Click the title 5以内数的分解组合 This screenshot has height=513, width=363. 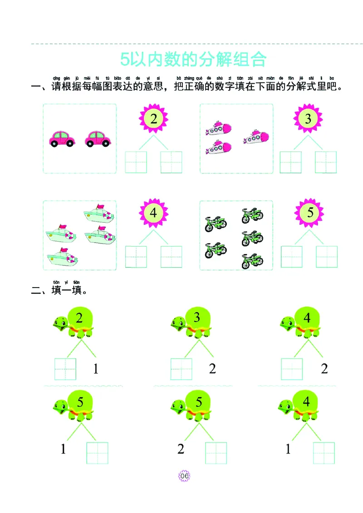tap(193, 59)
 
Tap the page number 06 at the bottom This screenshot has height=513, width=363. tap(184, 476)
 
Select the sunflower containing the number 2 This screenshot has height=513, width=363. tap(153, 119)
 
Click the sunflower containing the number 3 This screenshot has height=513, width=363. tap(309, 119)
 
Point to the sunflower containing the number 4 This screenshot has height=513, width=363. tap(153, 213)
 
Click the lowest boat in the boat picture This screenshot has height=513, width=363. tap(63, 258)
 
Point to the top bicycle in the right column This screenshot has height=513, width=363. tap(252, 216)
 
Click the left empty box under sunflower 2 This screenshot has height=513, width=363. tap(136, 162)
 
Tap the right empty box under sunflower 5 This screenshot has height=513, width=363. tap(327, 256)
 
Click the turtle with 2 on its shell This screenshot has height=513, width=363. tap(74, 322)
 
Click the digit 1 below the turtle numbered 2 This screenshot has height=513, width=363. tap(96, 369)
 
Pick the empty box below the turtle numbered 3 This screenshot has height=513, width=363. tap(181, 369)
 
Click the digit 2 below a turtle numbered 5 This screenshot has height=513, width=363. tap(181, 449)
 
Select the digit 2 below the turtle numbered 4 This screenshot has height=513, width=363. tap(324, 369)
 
